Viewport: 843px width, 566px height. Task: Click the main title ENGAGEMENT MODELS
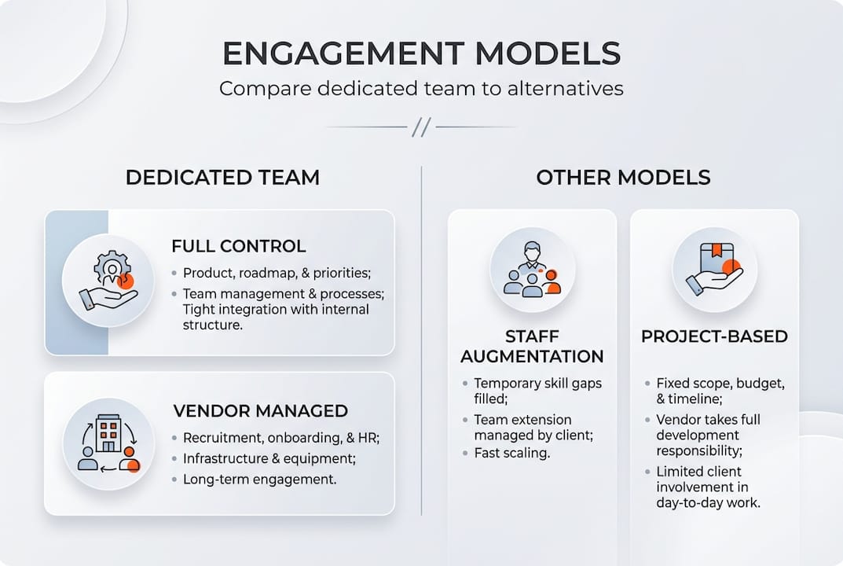[421, 53]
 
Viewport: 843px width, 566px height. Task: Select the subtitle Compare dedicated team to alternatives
[421, 88]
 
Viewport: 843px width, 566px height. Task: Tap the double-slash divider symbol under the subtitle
[422, 127]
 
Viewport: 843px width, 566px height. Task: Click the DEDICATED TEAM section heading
[222, 177]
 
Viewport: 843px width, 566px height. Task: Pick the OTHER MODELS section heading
[623, 177]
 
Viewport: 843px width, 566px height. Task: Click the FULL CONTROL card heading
[239, 246]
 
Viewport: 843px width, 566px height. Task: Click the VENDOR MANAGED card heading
[260, 411]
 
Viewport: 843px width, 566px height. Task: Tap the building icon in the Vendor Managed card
[108, 443]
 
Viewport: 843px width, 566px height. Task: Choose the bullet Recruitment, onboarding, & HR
[281, 438]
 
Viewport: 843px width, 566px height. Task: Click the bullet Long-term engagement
[259, 479]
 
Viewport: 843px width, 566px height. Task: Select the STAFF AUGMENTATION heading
[532, 347]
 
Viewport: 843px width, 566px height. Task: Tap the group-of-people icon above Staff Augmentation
[533, 270]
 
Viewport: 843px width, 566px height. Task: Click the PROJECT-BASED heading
[714, 336]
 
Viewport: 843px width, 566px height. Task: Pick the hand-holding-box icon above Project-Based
[714, 270]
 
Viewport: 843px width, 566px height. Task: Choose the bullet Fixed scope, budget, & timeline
[720, 391]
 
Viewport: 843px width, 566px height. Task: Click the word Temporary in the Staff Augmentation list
[507, 383]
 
